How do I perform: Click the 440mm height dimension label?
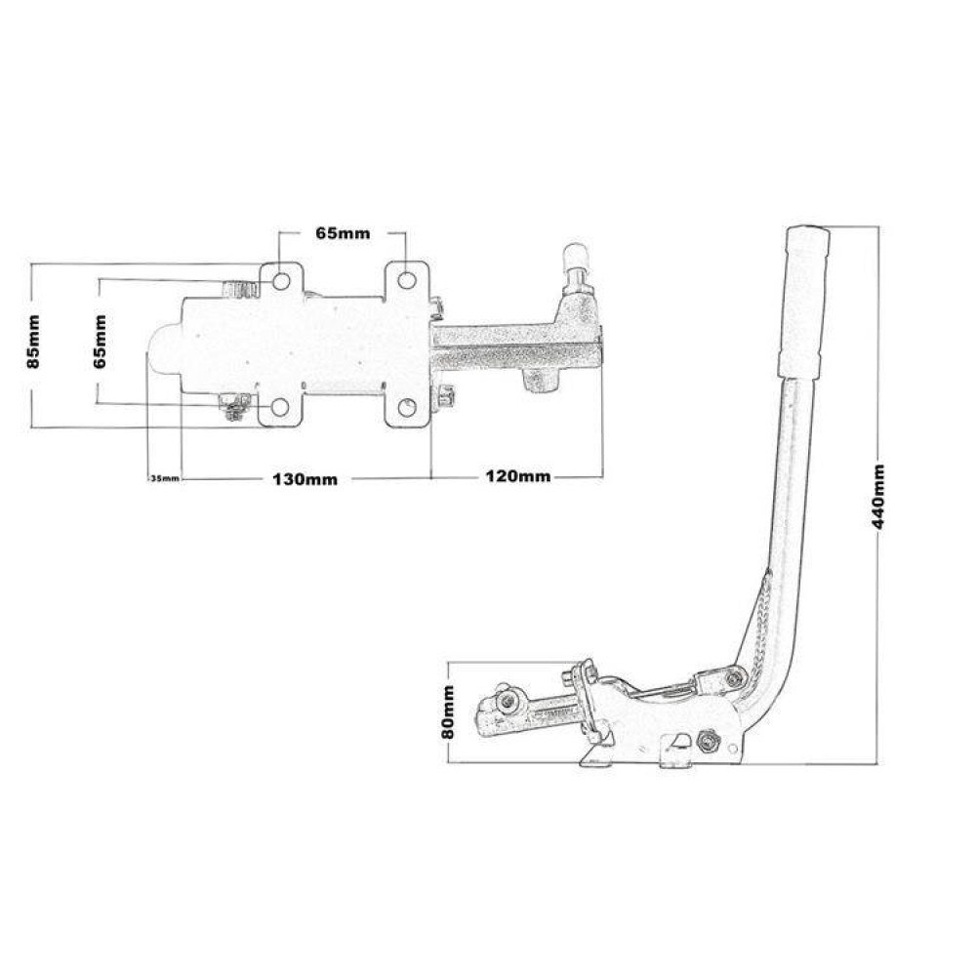click(877, 496)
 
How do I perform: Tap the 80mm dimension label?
click(448, 712)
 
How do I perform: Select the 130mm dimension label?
click(305, 479)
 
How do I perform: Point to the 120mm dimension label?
click(518, 477)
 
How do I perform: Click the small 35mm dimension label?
click(165, 478)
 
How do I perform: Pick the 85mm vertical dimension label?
click(33, 342)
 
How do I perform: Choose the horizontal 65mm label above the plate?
click(343, 233)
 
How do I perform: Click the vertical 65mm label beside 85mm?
click(101, 342)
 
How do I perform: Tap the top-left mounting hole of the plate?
click(281, 282)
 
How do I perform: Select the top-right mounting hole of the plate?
click(407, 281)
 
